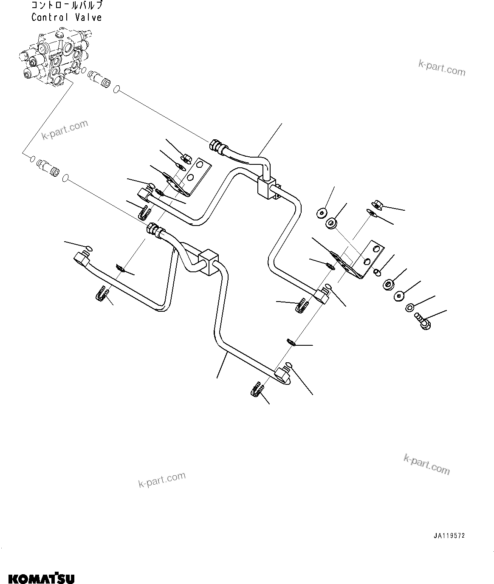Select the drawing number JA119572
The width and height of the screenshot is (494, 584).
[x=449, y=536]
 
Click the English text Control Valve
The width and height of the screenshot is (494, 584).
[x=67, y=17]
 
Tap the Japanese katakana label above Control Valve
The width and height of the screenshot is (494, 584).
[x=67, y=6]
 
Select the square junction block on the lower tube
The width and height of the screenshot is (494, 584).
[x=208, y=261]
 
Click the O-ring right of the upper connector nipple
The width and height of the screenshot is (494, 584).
[x=116, y=89]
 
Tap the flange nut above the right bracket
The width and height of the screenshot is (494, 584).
[x=377, y=204]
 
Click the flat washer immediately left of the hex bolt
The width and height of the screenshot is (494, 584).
[x=410, y=308]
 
